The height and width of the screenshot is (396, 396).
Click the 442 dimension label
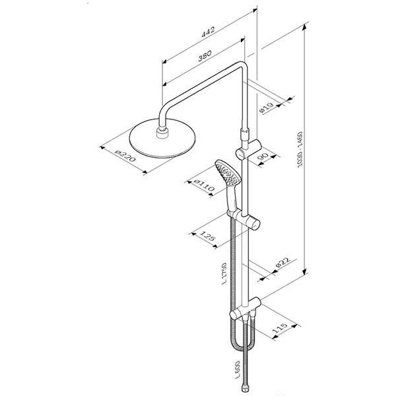coord(208,32)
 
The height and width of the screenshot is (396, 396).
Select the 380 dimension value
coord(205,56)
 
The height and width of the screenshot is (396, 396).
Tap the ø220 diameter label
coord(125,155)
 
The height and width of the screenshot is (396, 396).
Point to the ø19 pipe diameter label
coord(267,108)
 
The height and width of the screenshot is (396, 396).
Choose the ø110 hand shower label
coord(205,185)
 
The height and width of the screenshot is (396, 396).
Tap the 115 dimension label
coord(280,327)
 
